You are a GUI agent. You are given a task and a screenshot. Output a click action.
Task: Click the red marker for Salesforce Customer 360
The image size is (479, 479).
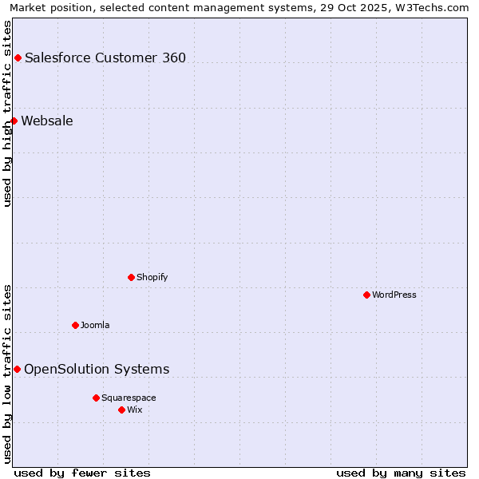18,57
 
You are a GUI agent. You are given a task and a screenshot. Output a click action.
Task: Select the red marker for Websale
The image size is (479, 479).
14,121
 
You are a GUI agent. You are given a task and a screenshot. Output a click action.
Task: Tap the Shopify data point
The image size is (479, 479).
131,277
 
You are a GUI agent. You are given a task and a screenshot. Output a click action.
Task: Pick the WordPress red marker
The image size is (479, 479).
366,295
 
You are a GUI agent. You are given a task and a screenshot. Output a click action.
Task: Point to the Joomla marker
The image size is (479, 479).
75,325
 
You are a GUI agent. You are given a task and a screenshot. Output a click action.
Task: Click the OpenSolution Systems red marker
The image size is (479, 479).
17,369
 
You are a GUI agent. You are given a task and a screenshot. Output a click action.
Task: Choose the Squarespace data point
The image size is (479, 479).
96,398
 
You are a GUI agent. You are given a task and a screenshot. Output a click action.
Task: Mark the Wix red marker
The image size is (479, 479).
121,410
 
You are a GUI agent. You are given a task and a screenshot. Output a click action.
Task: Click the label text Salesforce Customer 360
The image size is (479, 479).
105,57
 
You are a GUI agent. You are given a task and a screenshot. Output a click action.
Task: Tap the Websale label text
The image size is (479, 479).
47,121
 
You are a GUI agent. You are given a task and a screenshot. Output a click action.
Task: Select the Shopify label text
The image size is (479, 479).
152,277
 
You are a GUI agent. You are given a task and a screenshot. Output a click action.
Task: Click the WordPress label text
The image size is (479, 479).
394,295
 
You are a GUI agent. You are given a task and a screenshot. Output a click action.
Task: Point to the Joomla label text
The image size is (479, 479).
95,325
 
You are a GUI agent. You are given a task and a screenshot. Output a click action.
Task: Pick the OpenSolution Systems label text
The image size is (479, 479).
97,369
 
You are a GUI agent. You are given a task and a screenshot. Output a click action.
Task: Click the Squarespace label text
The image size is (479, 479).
129,398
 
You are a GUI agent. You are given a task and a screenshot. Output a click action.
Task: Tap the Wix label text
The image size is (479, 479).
135,410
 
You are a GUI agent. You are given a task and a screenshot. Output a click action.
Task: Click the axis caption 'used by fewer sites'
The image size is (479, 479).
82,473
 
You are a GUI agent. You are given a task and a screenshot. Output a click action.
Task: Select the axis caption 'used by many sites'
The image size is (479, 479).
401,473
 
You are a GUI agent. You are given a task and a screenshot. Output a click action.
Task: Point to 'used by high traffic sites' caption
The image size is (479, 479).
8,113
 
